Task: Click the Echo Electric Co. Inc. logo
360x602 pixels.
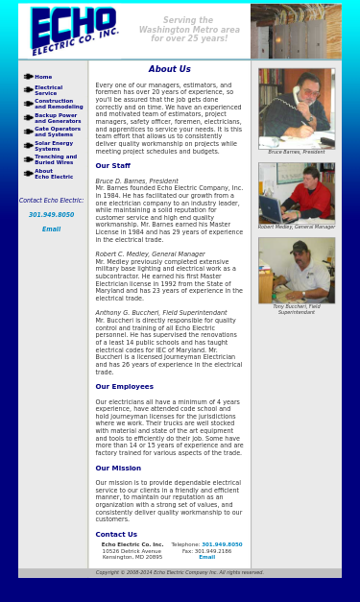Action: pos(75,30)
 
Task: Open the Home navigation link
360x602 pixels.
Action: pos(43,77)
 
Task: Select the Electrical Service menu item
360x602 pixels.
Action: pos(48,90)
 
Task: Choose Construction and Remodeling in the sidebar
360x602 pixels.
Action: pos(59,104)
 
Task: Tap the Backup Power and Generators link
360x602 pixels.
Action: pos(58,118)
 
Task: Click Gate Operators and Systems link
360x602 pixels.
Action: pos(57,132)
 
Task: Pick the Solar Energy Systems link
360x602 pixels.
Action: pos(53,146)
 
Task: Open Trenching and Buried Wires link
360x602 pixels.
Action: pos(55,159)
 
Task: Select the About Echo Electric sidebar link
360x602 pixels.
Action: pos(54,174)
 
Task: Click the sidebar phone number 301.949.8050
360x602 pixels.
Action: pos(51,215)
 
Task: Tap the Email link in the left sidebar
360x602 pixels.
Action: pos(51,229)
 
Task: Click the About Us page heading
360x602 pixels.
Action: pos(169,69)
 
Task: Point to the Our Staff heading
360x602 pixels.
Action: pos(112,166)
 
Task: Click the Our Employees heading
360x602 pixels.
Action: pos(124,387)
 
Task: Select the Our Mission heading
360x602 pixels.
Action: pos(118,469)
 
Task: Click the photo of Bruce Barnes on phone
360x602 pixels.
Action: pos(296,108)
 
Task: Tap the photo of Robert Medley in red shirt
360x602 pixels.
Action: pos(296,193)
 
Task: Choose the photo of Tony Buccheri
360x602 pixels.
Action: pos(296,270)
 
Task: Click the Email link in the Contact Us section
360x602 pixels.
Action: pos(206,557)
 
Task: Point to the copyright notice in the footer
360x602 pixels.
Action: pos(180,572)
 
